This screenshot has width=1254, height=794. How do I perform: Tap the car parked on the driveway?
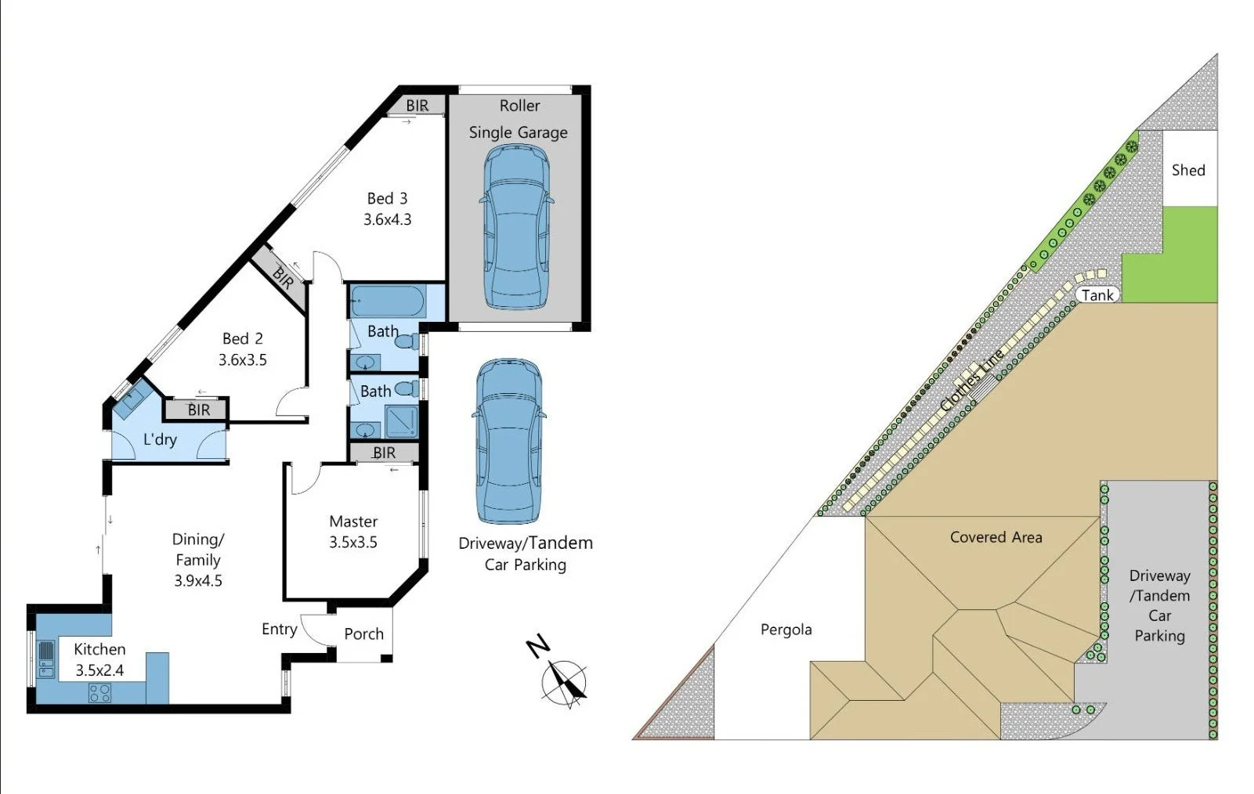(508, 441)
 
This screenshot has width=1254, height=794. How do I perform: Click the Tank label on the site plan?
(1097, 295)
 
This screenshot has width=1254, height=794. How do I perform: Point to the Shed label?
(1187, 170)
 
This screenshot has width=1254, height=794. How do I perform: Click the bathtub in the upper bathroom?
(388, 301)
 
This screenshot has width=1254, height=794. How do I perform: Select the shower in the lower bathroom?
(402, 422)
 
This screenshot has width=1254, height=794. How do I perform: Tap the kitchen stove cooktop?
(99, 693)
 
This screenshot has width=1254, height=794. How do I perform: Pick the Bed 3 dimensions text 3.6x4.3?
(387, 220)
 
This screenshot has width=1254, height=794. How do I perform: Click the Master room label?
(353, 522)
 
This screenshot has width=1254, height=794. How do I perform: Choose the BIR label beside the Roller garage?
(417, 106)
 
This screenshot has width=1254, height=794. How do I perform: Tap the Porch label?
(363, 634)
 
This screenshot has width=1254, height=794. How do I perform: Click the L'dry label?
(160, 439)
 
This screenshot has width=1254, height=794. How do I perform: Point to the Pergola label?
(786, 630)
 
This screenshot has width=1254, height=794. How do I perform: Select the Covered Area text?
(996, 537)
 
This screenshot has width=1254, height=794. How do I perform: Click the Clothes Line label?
(972, 380)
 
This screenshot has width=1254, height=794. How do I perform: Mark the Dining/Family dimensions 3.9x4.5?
(198, 581)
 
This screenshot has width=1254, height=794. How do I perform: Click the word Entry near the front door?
(279, 630)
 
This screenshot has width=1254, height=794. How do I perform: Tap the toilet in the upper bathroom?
(407, 341)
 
